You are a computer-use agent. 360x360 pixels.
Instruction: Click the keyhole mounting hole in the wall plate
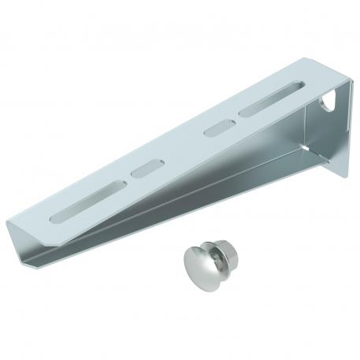(328, 101)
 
